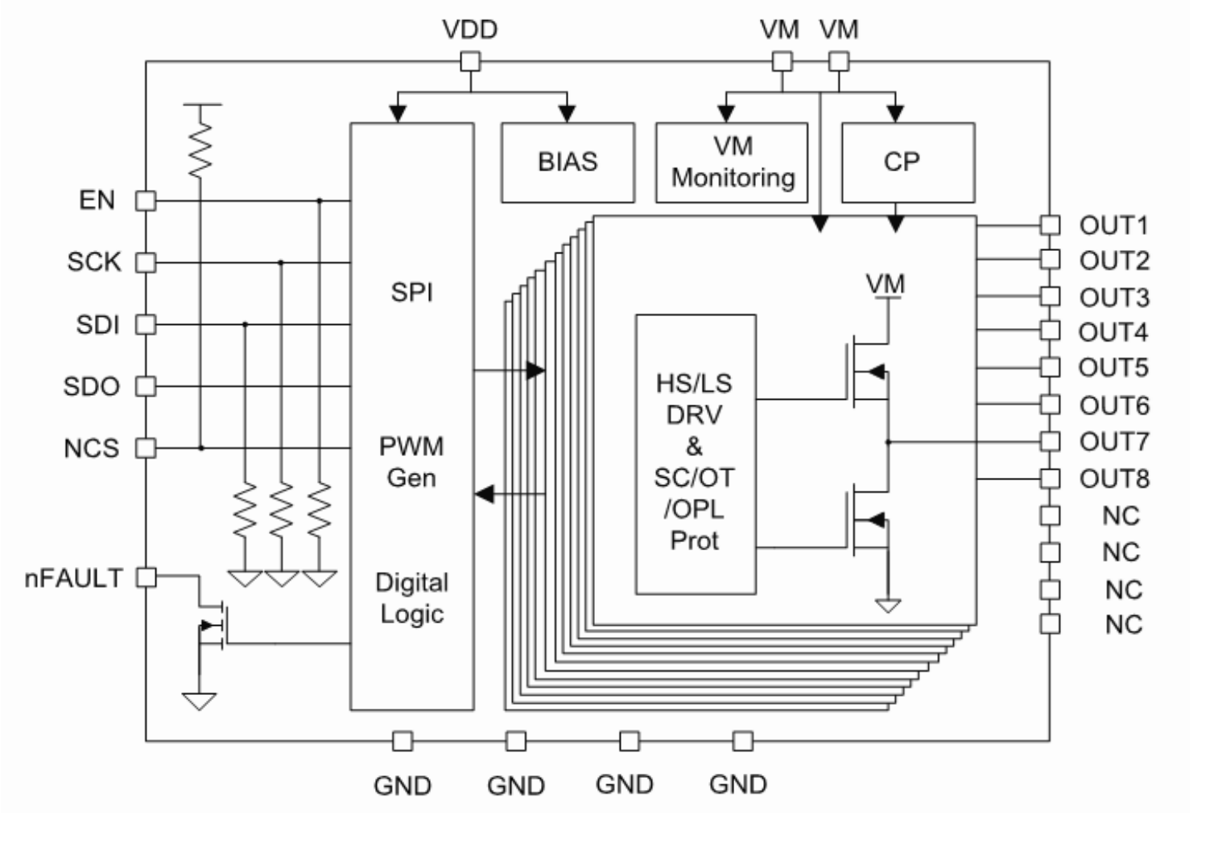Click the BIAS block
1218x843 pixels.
(x=568, y=162)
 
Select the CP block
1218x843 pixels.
(x=907, y=162)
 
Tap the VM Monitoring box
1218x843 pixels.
(x=731, y=162)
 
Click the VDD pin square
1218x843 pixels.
(x=470, y=61)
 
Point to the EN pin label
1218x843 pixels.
(x=97, y=200)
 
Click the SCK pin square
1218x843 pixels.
(x=145, y=262)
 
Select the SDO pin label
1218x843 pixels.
(x=91, y=386)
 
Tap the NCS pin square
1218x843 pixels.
(x=145, y=448)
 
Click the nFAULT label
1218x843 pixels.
(x=73, y=578)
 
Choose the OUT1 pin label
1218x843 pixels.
(x=1113, y=225)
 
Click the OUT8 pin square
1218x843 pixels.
(x=1050, y=479)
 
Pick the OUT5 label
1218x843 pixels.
(x=1113, y=368)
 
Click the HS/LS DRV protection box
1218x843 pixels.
(x=695, y=454)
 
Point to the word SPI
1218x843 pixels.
(x=411, y=292)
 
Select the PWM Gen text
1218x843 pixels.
(x=411, y=462)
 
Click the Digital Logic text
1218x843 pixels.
(x=411, y=598)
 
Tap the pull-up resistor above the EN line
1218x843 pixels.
(x=200, y=149)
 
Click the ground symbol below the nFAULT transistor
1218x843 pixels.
(x=200, y=701)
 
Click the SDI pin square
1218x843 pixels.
(x=145, y=324)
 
